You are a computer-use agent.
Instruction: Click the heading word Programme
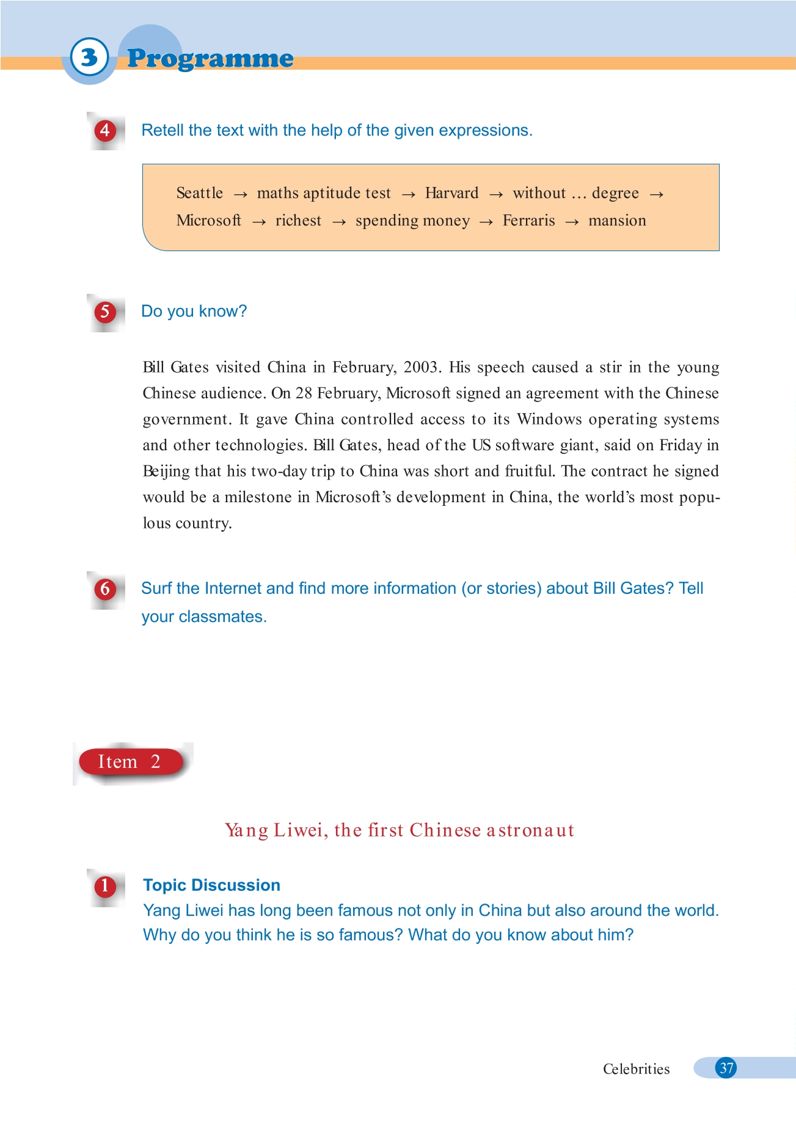click(210, 59)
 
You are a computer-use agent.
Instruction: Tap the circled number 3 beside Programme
click(89, 57)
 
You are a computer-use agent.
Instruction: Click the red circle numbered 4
click(105, 130)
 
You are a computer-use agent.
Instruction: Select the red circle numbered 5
click(105, 312)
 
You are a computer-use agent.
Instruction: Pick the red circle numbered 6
click(105, 588)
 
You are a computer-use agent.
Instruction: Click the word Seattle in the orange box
click(199, 193)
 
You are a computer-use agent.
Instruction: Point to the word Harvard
click(451, 193)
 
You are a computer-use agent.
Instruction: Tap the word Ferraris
click(528, 221)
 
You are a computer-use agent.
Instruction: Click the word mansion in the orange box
click(617, 221)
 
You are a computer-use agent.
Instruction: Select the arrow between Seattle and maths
click(240, 194)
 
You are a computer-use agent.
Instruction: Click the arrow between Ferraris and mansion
click(572, 222)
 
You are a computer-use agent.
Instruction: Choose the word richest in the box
click(298, 221)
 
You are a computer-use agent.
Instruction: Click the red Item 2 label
click(130, 762)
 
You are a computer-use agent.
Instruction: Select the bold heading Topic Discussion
click(211, 885)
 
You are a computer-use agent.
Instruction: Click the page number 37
click(726, 1068)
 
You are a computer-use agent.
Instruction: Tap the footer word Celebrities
click(636, 1069)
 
